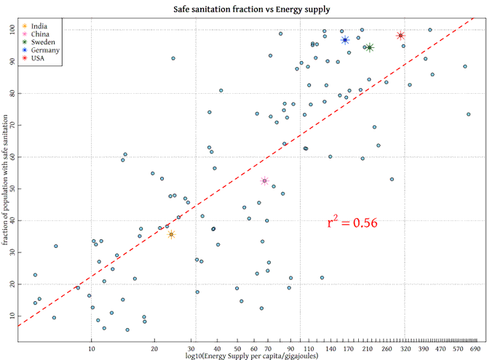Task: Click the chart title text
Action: pos(251,9)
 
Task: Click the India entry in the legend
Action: pos(41,26)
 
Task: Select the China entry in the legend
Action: pos(41,34)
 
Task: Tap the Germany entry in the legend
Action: pos(46,50)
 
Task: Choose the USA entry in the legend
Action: pos(39,58)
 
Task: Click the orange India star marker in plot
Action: pos(171,234)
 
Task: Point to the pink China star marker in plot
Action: pos(265,181)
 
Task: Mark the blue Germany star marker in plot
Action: pos(345,40)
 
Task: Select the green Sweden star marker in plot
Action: pos(370,47)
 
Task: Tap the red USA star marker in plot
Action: pos(400,36)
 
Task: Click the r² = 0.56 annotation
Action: pos(352,223)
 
